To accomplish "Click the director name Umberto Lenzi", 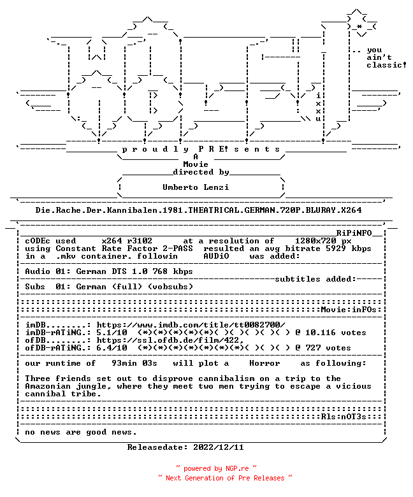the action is [x=196, y=187].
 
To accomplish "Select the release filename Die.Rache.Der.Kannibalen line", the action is [x=198, y=210].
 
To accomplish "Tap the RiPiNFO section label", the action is [x=354, y=233].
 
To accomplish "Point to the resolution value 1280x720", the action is [x=315, y=241].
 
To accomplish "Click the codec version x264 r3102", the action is [x=127, y=241].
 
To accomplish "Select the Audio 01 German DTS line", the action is [x=109, y=271].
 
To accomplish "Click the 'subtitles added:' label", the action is [x=315, y=279].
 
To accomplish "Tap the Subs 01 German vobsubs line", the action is [x=109, y=287].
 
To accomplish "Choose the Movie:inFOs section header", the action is [x=349, y=310].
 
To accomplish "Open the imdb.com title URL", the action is [x=191, y=325].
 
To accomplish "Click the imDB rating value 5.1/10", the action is [x=112, y=333].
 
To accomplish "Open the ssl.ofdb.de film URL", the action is [x=170, y=340].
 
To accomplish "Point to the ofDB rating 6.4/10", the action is [x=112, y=348].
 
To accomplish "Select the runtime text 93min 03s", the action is [x=134, y=363].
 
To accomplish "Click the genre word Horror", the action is [x=264, y=363].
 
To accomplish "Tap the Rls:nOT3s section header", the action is [x=344, y=417].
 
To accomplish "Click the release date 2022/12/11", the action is [x=219, y=447].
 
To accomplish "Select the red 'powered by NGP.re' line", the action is [x=216, y=468].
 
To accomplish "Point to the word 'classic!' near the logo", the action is [x=386, y=65].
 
